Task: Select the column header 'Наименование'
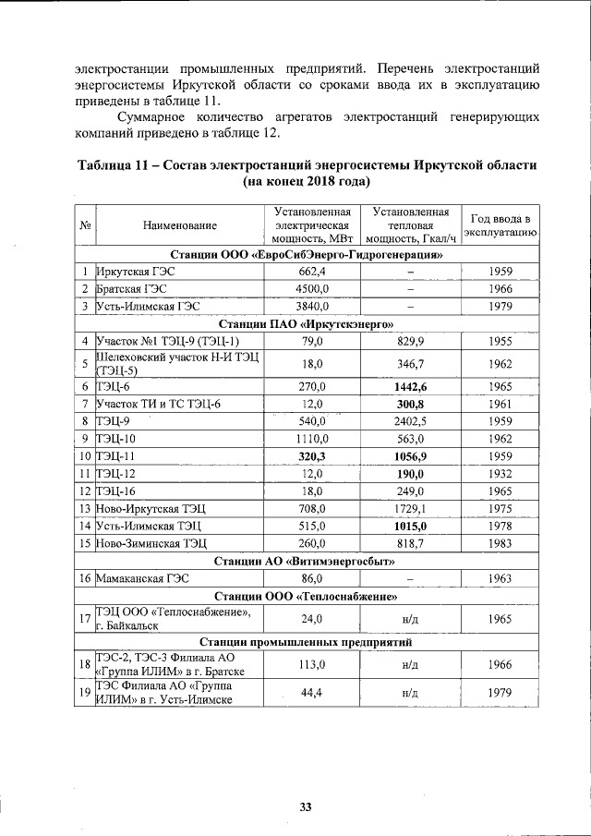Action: pos(180,225)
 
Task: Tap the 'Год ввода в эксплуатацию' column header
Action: pos(499,225)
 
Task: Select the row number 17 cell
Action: pos(84,618)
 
